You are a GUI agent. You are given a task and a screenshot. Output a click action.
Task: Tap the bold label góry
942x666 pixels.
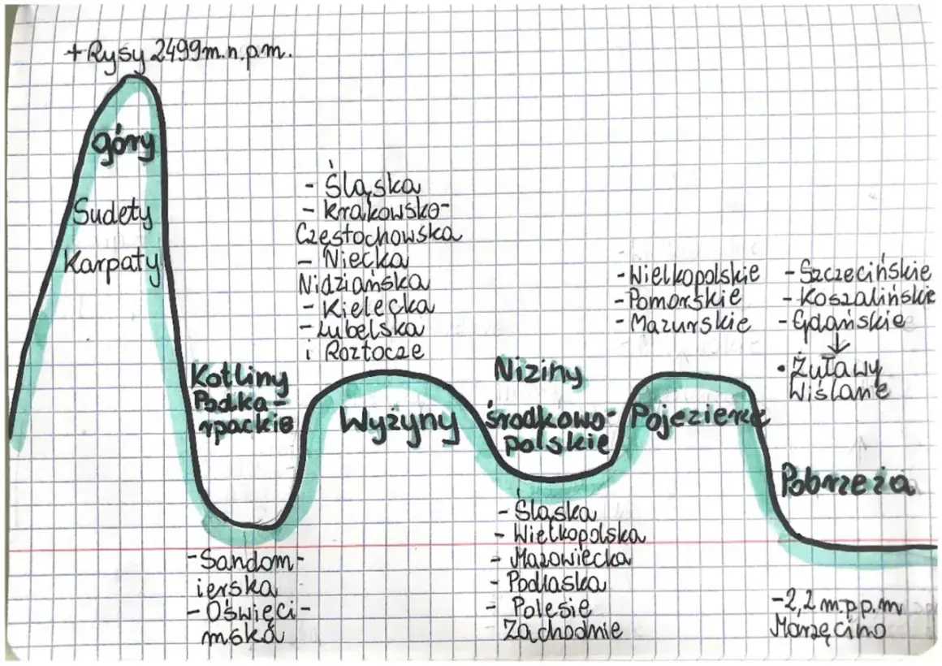click(x=123, y=145)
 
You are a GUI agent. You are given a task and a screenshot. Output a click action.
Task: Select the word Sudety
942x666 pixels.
click(x=112, y=214)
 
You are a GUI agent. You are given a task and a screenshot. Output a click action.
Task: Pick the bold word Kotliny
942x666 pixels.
click(x=239, y=378)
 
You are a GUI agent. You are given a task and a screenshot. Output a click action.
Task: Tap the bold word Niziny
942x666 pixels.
click(x=538, y=372)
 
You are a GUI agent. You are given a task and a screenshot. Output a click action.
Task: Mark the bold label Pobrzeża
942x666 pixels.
click(x=845, y=483)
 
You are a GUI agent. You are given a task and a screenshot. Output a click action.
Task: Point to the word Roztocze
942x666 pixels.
click(x=373, y=351)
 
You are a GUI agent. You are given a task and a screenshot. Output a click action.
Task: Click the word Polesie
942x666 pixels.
click(x=551, y=607)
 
